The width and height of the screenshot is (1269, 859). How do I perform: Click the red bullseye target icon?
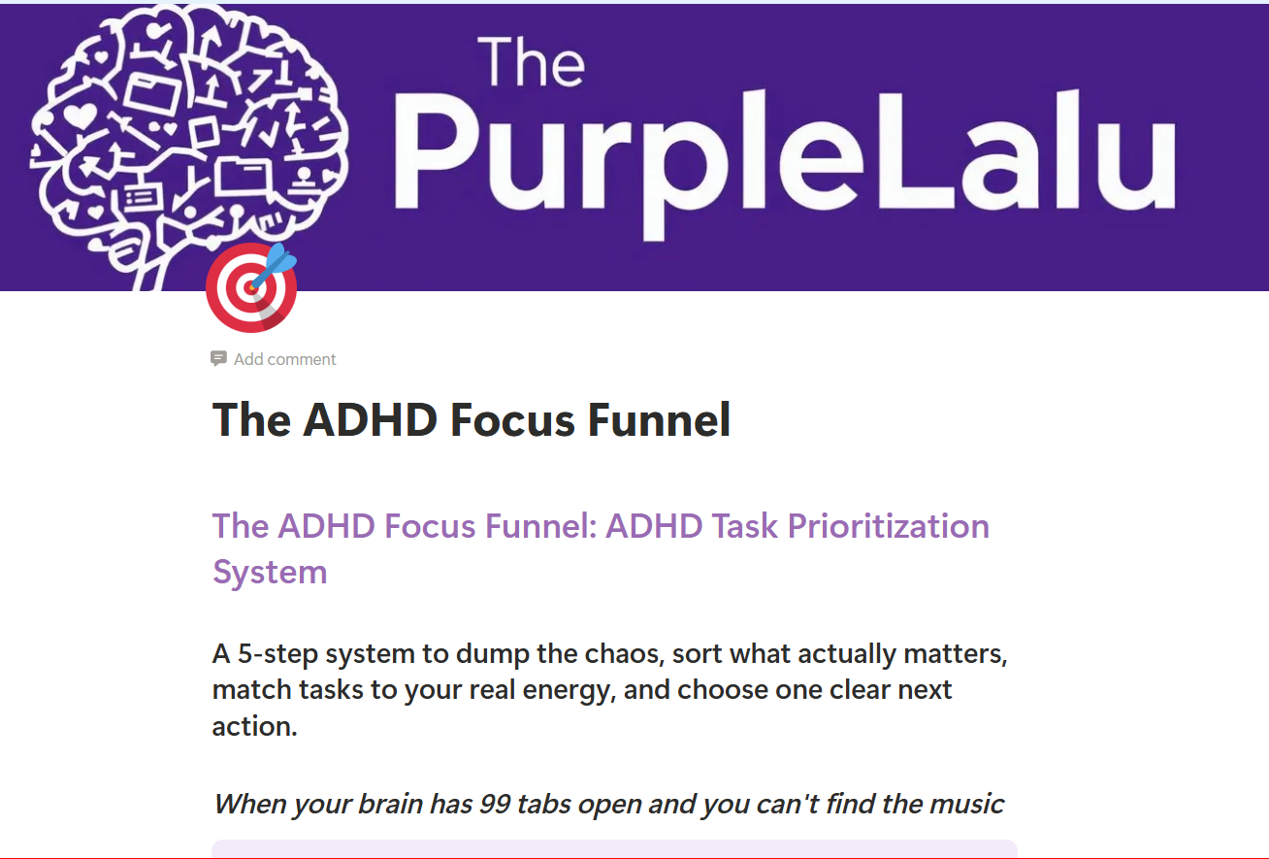pyautogui.click(x=249, y=289)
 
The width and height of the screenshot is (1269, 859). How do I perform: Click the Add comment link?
pyautogui.click(x=284, y=359)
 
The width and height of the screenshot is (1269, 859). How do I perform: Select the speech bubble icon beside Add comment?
pyautogui.click(x=219, y=359)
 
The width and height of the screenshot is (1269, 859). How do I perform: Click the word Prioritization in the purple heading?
pyautogui.click(x=888, y=526)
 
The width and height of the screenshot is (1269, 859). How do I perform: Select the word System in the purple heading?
pyautogui.click(x=270, y=572)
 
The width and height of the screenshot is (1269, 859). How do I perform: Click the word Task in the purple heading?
pyautogui.click(x=745, y=526)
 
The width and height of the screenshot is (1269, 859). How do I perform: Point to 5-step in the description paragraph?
pyautogui.click(x=277, y=654)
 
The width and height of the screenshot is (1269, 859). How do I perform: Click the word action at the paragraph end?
pyautogui.click(x=254, y=726)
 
